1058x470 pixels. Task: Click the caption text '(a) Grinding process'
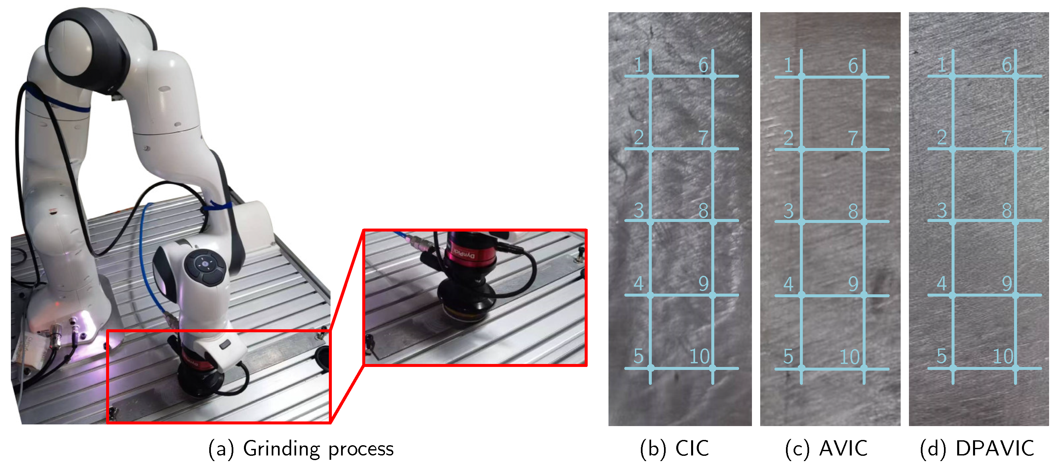301,448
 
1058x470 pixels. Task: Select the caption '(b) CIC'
674,448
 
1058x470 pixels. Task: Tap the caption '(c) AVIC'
826,448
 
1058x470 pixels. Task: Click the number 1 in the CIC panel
638,65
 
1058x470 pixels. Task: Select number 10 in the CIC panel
699,356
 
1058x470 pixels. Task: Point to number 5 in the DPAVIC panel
942,356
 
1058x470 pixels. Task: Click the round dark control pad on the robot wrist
205,265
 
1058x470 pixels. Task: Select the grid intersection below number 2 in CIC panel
650,149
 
